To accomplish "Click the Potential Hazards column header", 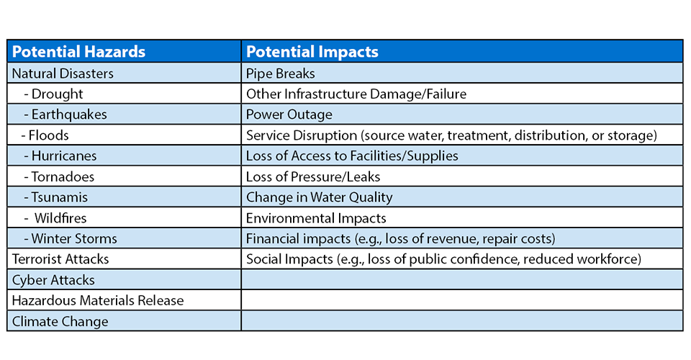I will click(78, 52).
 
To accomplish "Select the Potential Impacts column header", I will click(312, 52).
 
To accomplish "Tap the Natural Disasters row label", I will click(63, 73).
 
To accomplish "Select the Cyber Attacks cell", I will click(53, 280).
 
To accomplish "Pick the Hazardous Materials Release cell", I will click(98, 300).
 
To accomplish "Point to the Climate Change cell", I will click(60, 321).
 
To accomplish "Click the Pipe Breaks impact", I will click(280, 73).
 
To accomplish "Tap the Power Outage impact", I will click(289, 114).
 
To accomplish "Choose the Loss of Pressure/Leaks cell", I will click(313, 176).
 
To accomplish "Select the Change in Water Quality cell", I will click(319, 197).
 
